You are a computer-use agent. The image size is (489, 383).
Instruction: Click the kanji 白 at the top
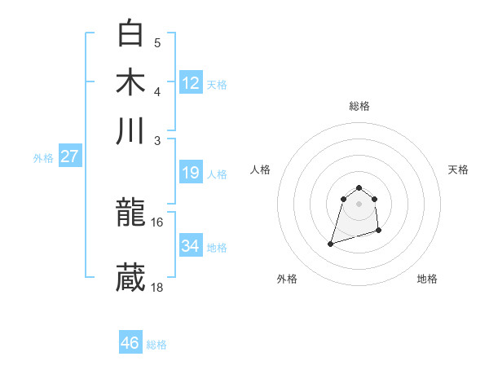pos(130,33)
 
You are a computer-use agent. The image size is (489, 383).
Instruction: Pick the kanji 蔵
pos(130,278)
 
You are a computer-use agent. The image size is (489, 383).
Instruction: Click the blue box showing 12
pos(191,83)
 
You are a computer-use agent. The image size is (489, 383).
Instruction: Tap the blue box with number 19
pos(191,173)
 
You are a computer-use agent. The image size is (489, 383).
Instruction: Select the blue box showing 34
pos(191,246)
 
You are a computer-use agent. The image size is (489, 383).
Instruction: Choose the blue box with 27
pos(69,156)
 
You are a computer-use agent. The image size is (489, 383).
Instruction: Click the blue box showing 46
pos(130,343)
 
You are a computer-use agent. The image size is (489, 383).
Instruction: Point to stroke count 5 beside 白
pos(157,43)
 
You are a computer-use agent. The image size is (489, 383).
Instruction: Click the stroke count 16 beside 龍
pos(157,222)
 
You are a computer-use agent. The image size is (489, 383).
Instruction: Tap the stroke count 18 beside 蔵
pos(157,287)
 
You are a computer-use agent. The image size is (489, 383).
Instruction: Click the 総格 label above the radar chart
pos(359,106)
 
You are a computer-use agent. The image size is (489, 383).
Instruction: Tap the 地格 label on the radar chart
pos(427,280)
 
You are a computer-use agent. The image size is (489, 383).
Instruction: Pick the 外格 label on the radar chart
pos(287,280)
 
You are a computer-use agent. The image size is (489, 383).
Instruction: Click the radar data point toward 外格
pos(330,243)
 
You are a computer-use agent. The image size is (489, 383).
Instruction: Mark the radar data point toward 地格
pos(380,231)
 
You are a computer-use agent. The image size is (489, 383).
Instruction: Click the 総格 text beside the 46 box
pos(156,345)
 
